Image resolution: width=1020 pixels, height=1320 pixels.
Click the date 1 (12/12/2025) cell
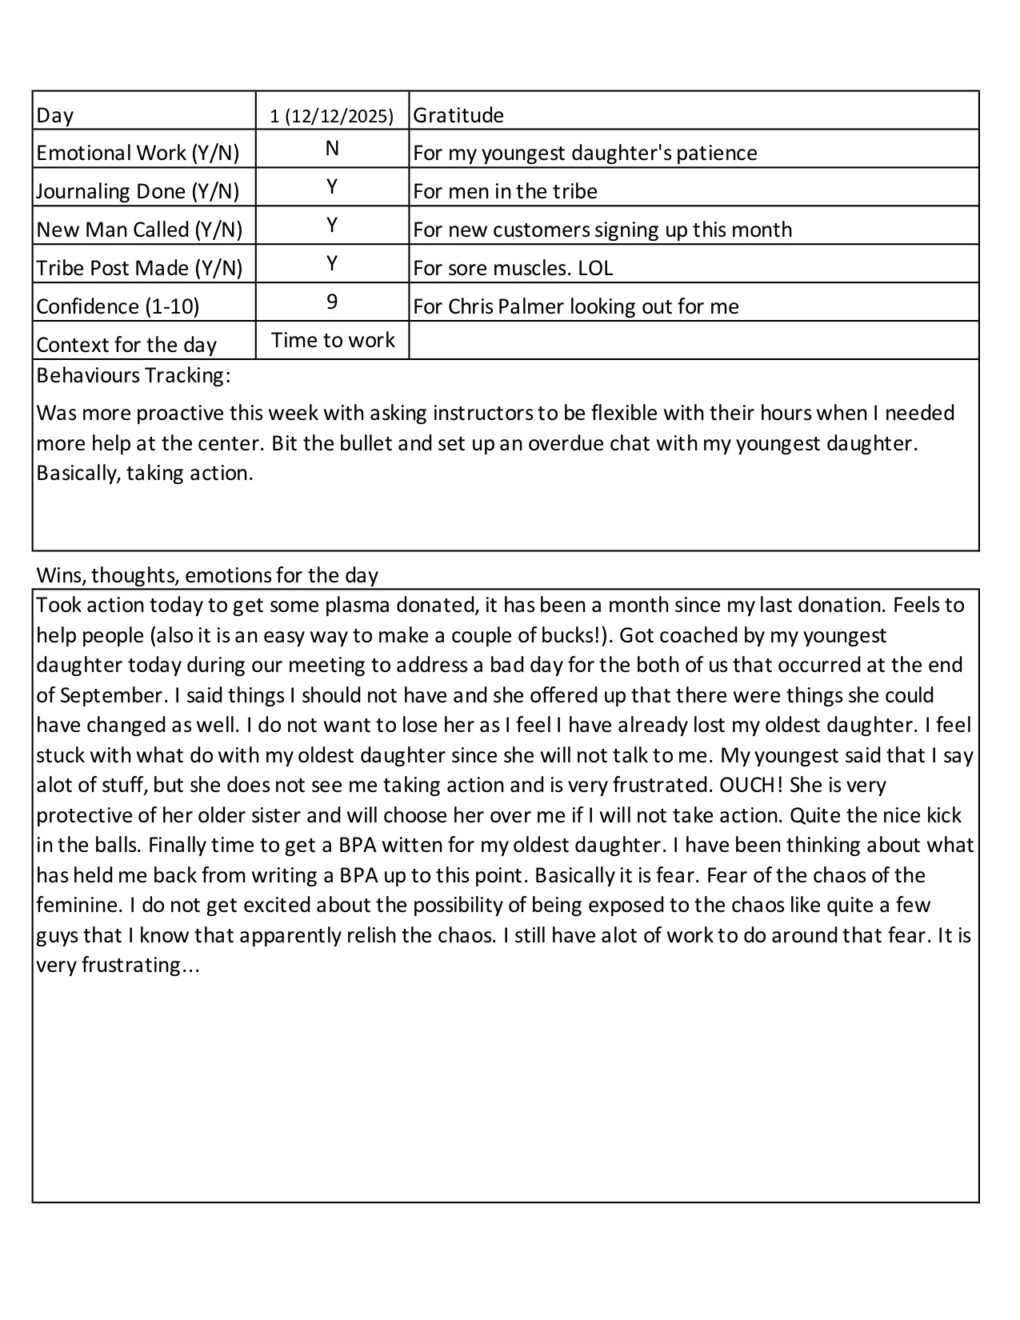tap(332, 116)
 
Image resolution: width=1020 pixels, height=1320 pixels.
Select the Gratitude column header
tap(458, 115)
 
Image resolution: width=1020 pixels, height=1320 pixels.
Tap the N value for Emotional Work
tap(332, 149)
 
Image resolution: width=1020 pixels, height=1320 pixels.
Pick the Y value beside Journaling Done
tap(332, 187)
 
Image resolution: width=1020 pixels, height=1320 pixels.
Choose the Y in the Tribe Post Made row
tap(332, 264)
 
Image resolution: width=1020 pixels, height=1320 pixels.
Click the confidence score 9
tap(332, 302)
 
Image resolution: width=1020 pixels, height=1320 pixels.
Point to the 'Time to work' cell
tap(333, 340)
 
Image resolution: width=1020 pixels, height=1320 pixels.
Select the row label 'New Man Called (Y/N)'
tap(139, 230)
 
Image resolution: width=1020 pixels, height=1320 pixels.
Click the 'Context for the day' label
tap(126, 345)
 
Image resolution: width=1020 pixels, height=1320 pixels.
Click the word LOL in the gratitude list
tap(595, 268)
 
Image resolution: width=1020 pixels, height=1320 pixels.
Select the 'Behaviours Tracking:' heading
tap(134, 375)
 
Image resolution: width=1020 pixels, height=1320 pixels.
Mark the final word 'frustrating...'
tap(141, 966)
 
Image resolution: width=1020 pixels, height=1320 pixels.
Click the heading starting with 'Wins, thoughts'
tap(207, 575)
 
